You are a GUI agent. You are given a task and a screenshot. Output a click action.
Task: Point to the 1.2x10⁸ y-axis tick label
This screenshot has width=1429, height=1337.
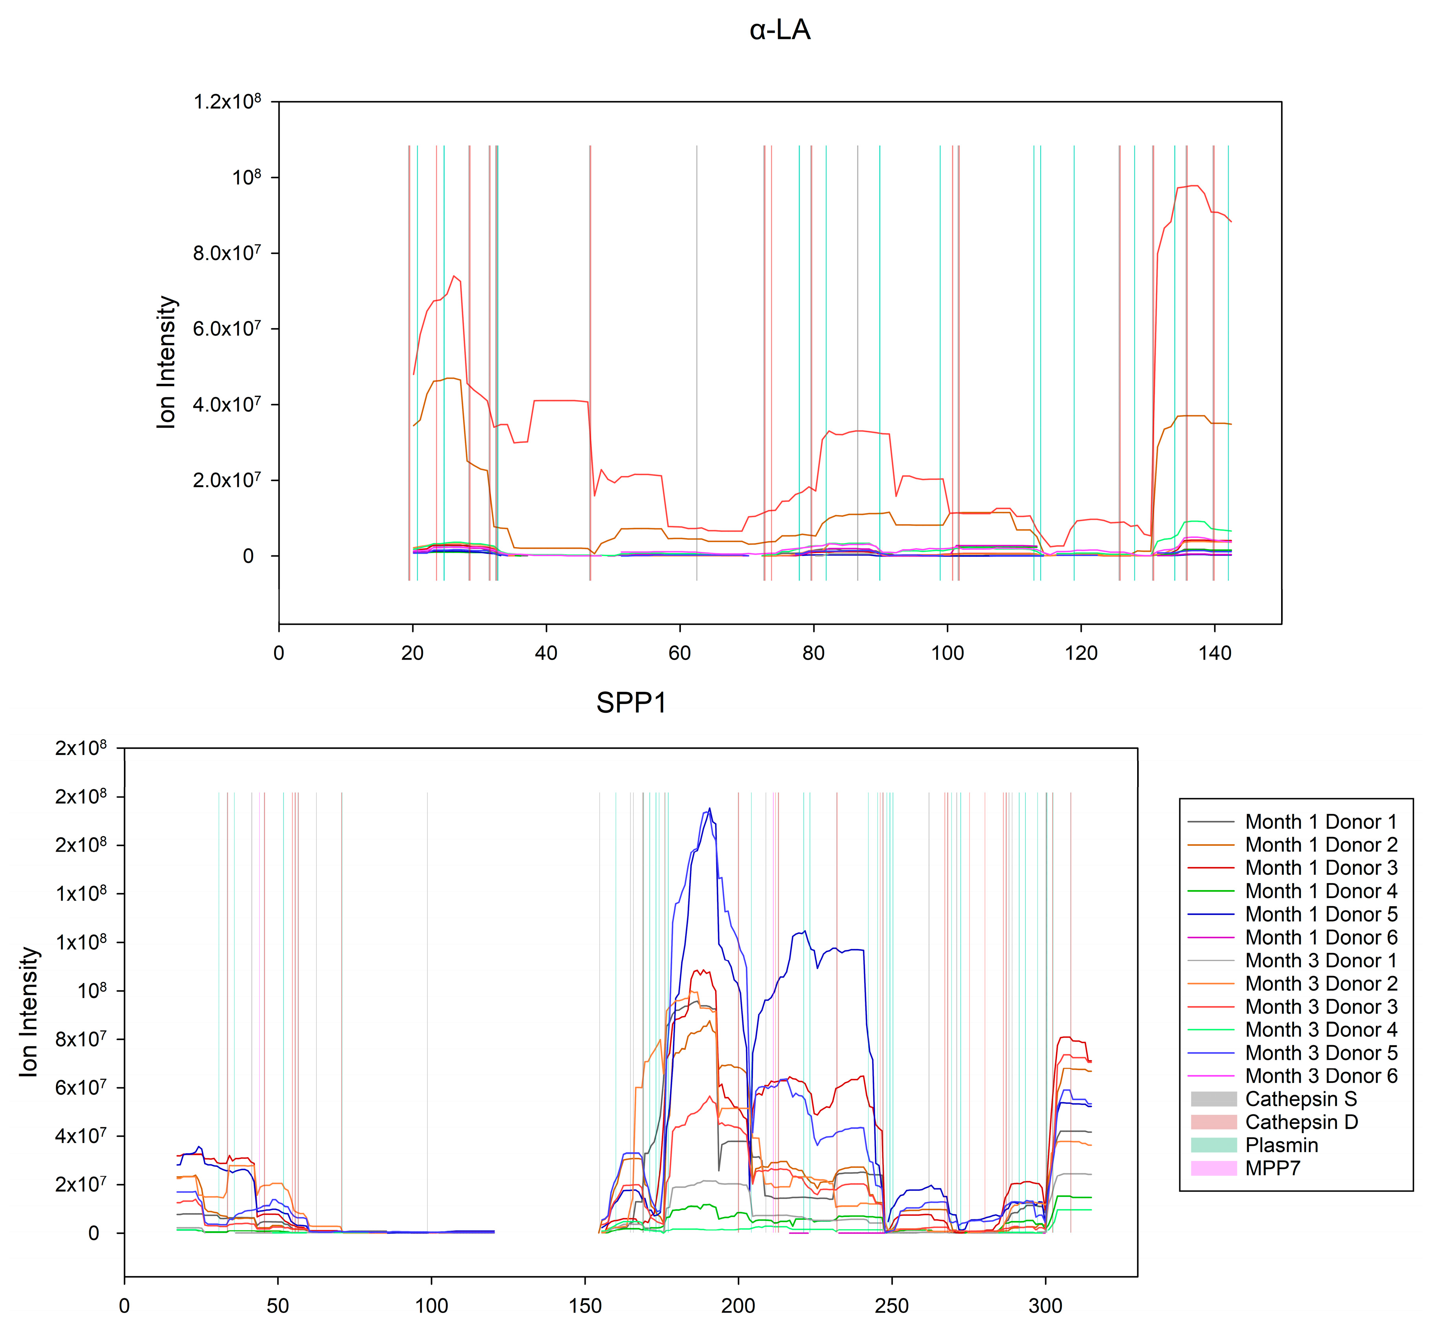227,102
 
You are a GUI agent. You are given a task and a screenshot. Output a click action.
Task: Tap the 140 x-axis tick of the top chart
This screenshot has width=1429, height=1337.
1215,653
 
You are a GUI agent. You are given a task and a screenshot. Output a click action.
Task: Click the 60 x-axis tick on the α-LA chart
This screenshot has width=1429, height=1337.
679,653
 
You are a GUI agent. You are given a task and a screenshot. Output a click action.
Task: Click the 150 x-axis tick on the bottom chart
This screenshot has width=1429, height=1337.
585,1306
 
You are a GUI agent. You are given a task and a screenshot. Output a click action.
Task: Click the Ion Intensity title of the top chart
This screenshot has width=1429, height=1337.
167,362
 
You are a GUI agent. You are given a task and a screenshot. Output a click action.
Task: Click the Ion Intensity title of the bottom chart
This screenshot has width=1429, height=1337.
29,1012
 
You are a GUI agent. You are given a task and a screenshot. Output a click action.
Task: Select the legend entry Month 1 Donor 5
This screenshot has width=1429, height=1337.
1320,914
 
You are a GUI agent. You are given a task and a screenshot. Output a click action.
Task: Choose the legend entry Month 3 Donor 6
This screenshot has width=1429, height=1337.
1320,1076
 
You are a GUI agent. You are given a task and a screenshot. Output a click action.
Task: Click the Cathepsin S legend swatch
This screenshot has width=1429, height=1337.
1213,1099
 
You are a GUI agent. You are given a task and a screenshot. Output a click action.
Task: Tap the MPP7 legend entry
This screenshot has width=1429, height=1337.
1272,1168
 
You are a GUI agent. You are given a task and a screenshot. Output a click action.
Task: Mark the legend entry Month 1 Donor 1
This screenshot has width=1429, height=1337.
1320,822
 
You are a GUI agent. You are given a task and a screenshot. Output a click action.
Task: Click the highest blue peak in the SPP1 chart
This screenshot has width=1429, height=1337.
710,809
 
